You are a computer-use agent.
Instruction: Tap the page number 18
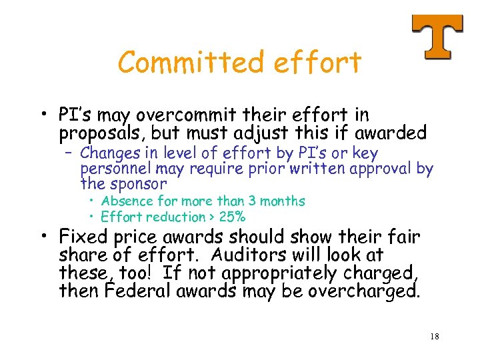pyautogui.click(x=434, y=337)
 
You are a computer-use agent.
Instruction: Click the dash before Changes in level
pyautogui.click(x=70, y=154)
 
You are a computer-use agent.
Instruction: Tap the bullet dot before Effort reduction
pyautogui.click(x=91, y=217)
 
